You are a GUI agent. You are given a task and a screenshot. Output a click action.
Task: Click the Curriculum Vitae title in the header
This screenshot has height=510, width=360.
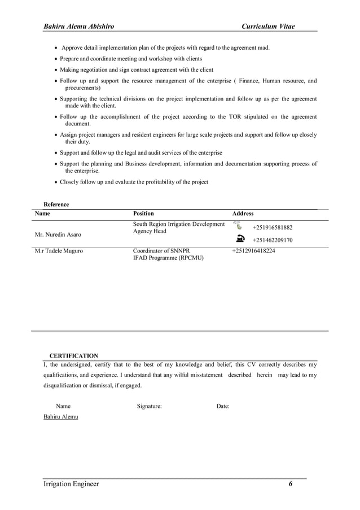tap(268, 27)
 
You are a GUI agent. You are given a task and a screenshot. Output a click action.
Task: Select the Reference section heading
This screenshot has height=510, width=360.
tap(56, 204)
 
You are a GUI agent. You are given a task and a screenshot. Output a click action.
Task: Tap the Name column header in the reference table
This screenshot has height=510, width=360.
tap(42, 213)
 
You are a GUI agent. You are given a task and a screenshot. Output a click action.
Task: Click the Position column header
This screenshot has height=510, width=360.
tap(143, 213)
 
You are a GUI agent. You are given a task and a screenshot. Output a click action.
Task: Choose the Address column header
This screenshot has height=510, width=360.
tap(243, 213)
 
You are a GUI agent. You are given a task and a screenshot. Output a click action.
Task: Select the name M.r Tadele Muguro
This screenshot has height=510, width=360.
tap(59, 251)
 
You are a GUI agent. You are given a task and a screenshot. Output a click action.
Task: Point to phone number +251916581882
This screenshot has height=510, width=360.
tap(272, 228)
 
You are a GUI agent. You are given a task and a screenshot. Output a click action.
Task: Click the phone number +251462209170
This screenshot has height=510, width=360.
tap(272, 240)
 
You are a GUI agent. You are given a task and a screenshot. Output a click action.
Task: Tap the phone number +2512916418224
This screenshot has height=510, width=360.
tap(253, 251)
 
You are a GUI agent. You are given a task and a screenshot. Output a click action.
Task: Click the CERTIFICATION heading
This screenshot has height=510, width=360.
tap(74, 356)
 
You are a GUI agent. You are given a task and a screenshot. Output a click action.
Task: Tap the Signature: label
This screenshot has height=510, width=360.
tap(150, 406)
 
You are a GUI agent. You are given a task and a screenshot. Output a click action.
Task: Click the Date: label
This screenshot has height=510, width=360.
tap(223, 406)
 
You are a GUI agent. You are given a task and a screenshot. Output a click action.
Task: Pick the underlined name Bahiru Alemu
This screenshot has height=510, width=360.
tap(61, 417)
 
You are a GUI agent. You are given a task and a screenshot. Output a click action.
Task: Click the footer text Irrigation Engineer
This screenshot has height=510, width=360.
tap(71, 484)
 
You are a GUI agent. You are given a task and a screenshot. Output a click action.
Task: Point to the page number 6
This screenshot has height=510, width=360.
tap(291, 484)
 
